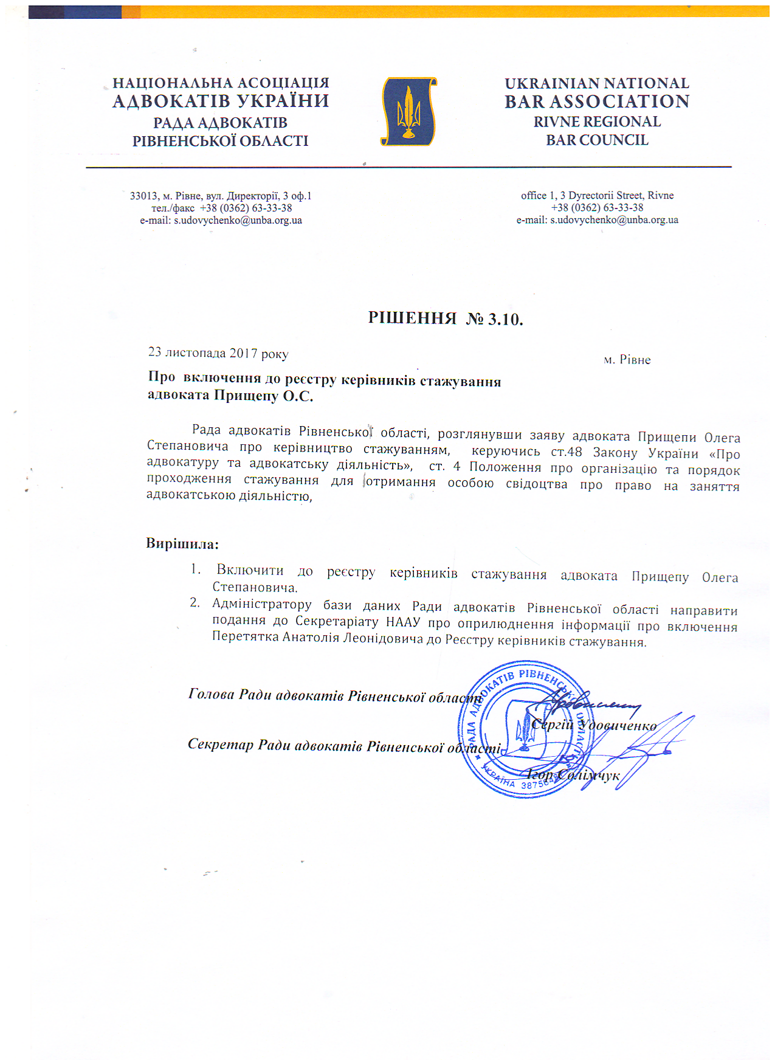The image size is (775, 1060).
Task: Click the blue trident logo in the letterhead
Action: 408,112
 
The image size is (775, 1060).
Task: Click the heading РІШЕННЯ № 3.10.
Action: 445,318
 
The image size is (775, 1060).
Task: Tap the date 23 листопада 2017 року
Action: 218,353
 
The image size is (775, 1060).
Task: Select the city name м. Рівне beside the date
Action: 627,360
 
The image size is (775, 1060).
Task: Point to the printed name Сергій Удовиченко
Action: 593,725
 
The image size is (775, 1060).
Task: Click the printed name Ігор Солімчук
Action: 573,775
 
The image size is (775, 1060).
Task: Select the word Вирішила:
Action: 182,543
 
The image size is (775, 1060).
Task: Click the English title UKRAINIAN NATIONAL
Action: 596,83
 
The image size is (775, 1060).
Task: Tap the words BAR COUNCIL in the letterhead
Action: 596,140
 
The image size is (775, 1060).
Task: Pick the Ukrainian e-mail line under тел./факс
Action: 221,220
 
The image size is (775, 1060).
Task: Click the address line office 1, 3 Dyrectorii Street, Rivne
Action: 597,195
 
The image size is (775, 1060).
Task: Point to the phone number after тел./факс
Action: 246,208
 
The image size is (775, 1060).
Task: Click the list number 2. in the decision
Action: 195,603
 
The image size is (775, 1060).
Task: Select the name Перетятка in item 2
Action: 246,636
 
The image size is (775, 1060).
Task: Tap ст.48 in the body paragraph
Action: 566,452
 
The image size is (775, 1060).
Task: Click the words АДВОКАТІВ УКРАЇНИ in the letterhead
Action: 221,101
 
